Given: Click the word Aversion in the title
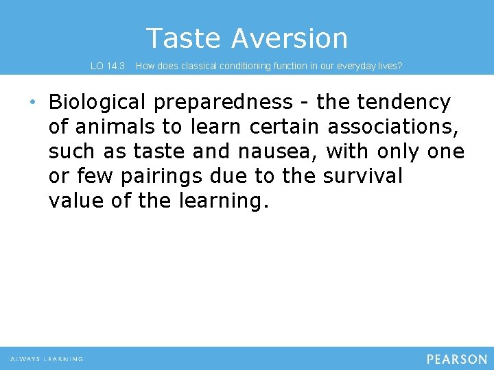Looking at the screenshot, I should (x=289, y=38).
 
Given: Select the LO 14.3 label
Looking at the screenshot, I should (x=108, y=66).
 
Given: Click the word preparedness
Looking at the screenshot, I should (x=223, y=103).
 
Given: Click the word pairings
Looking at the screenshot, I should (x=161, y=177).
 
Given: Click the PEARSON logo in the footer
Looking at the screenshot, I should (x=456, y=359).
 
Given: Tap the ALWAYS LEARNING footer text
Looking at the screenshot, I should (x=47, y=359).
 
